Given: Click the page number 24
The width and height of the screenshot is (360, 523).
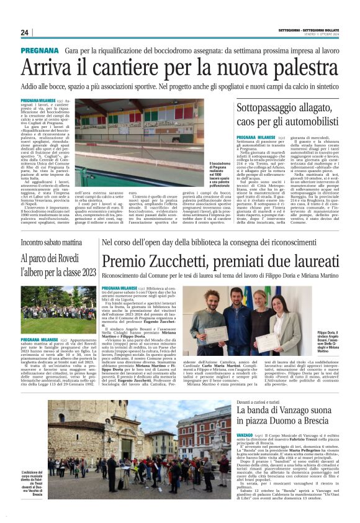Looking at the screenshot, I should pyautogui.click(x=24, y=32).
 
